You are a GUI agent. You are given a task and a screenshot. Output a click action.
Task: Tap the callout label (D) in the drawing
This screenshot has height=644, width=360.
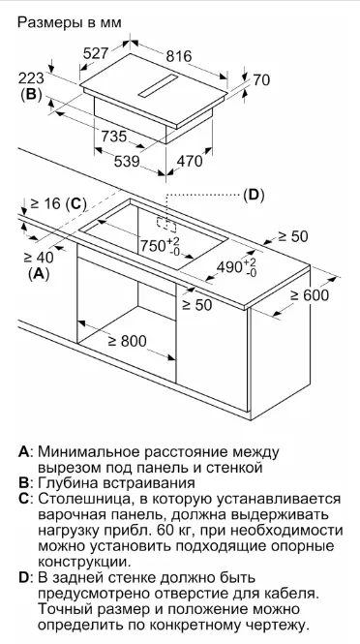(254, 194)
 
